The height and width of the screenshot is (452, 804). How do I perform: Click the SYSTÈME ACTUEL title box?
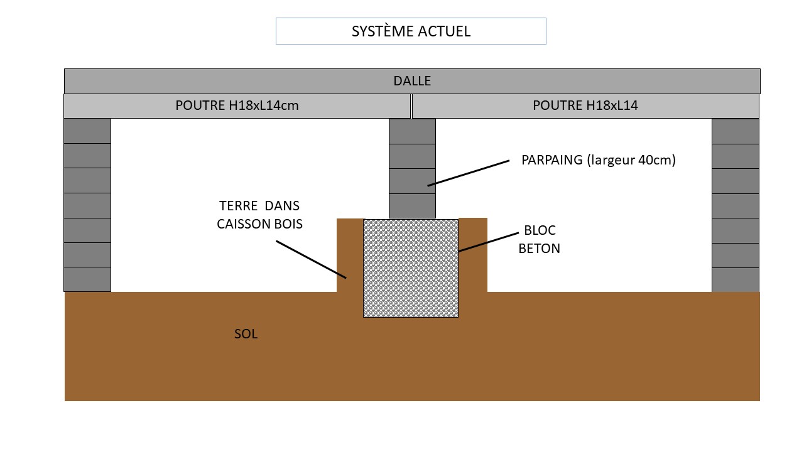point(411,31)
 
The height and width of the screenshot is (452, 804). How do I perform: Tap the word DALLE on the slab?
point(412,81)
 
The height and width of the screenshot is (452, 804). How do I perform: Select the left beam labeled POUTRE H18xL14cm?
point(237,105)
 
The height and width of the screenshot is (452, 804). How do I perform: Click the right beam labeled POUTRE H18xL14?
point(585,105)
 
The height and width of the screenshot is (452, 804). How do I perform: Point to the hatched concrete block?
point(411,268)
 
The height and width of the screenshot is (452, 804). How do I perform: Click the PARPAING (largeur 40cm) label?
point(598,160)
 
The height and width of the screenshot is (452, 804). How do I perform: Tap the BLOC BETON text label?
point(540,239)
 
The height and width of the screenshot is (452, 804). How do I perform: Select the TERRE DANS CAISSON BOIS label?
point(259,215)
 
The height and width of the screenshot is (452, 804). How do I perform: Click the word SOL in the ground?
point(246,334)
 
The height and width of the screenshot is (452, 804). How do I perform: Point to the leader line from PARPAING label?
point(468,173)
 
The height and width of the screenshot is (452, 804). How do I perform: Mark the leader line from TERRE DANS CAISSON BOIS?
point(311,259)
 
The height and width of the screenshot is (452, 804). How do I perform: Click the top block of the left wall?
point(87,131)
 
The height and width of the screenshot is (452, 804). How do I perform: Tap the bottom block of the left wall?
point(87,279)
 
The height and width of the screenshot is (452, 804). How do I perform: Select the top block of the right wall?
point(735,131)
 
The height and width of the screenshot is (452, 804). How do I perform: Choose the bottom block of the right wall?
point(735,280)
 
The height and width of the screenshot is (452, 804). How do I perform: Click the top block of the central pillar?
point(412,131)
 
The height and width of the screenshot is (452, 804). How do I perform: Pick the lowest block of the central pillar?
point(412,206)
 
